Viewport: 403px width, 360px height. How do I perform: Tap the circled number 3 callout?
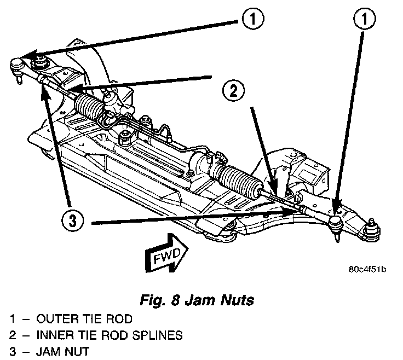click(72, 222)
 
